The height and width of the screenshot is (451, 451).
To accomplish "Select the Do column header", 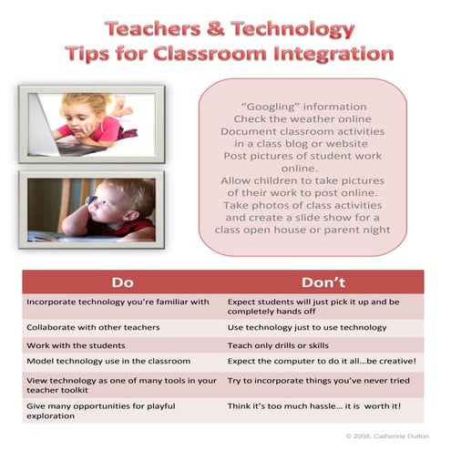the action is pyautogui.click(x=122, y=282).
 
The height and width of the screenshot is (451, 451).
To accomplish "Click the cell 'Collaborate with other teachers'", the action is pyautogui.click(x=93, y=327).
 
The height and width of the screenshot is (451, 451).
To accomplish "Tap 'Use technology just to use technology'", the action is pyautogui.click(x=311, y=327).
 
